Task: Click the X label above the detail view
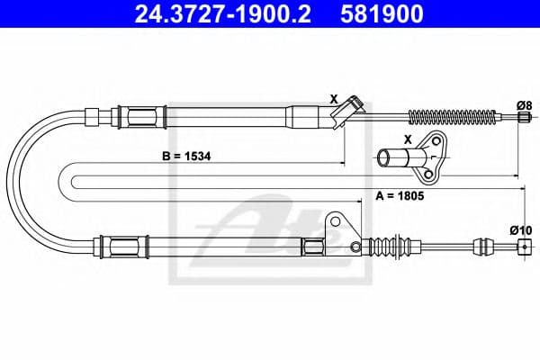click(408, 140)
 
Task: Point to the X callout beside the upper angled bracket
click(333, 98)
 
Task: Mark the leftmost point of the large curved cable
click(15, 180)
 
